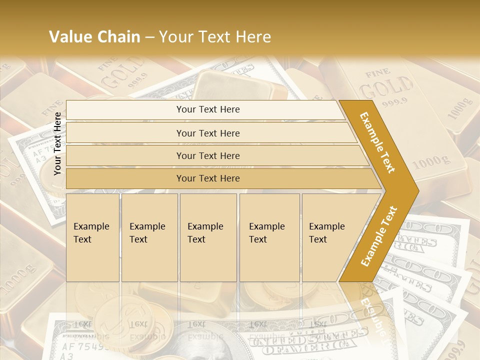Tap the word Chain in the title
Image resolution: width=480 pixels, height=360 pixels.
(118, 37)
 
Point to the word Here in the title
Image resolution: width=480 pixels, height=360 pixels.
(253, 37)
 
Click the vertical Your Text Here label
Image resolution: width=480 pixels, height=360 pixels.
(58, 143)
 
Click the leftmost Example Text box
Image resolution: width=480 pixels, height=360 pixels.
(92, 237)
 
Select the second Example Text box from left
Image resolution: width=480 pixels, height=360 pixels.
(149, 237)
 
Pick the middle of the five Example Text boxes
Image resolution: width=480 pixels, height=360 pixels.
(208, 237)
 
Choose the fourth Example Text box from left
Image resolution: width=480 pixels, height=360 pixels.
(269, 237)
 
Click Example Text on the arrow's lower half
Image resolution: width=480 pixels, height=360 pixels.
(379, 236)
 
